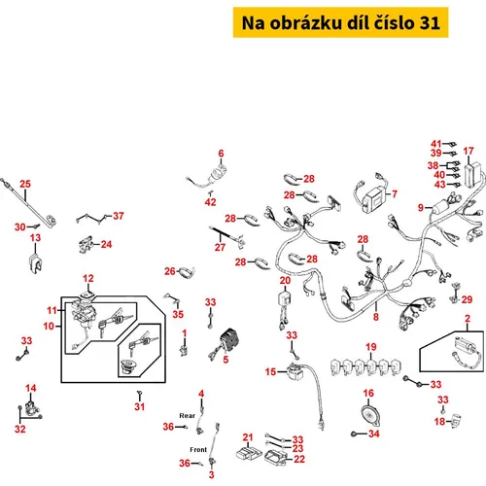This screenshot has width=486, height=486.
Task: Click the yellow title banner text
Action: [340, 22]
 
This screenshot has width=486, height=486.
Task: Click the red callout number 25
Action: [25, 184]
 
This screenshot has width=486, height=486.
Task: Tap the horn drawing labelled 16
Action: [370, 416]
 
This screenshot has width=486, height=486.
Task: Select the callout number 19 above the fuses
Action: [371, 347]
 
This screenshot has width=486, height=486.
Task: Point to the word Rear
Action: [188, 416]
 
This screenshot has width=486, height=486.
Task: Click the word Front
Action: [198, 450]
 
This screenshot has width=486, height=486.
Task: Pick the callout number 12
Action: [88, 278]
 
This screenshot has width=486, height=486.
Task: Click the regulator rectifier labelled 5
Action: [226, 343]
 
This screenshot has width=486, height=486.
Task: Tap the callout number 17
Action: [469, 151]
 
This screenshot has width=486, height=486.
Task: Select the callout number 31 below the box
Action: [140, 406]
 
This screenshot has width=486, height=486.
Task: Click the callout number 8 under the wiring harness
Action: [376, 317]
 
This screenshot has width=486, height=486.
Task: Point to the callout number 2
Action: [468, 319]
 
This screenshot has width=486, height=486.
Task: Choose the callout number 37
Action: [119, 216]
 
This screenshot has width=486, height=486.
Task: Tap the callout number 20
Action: [285, 280]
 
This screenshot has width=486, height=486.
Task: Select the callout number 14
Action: [31, 388]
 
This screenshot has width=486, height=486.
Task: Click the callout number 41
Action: [436, 144]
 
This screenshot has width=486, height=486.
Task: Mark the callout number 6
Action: [221, 154]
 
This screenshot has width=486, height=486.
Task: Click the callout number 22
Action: [299, 459]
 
